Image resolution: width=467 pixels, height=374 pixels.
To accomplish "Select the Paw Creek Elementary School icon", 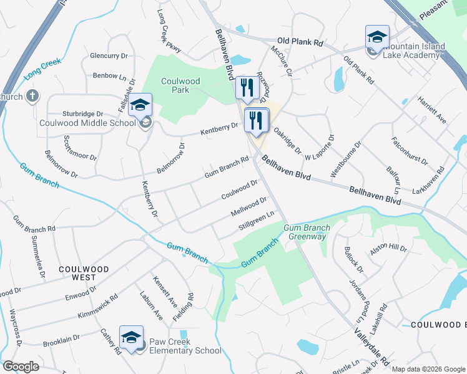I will pyautogui.click(x=132, y=337).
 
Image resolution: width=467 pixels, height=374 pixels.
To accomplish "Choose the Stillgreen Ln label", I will pyautogui.click(x=257, y=221).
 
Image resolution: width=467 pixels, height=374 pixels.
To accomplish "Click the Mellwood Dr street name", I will pyautogui.click(x=249, y=207).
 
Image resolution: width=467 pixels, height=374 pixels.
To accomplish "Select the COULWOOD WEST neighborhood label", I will pyautogui.click(x=84, y=273).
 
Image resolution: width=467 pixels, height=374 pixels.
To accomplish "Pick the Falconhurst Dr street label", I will pyautogui.click(x=410, y=151).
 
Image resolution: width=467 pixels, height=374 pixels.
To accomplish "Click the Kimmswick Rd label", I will pyautogui.click(x=98, y=307).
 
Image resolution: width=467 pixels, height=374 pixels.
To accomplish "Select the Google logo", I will pyautogui.click(x=21, y=367).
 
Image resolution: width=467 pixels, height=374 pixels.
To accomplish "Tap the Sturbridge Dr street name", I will pyautogui.click(x=82, y=113).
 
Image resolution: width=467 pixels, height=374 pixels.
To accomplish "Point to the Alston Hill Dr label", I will pyautogui.click(x=388, y=248).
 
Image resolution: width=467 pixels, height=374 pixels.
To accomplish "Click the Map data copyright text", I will pyautogui.click(x=428, y=369).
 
